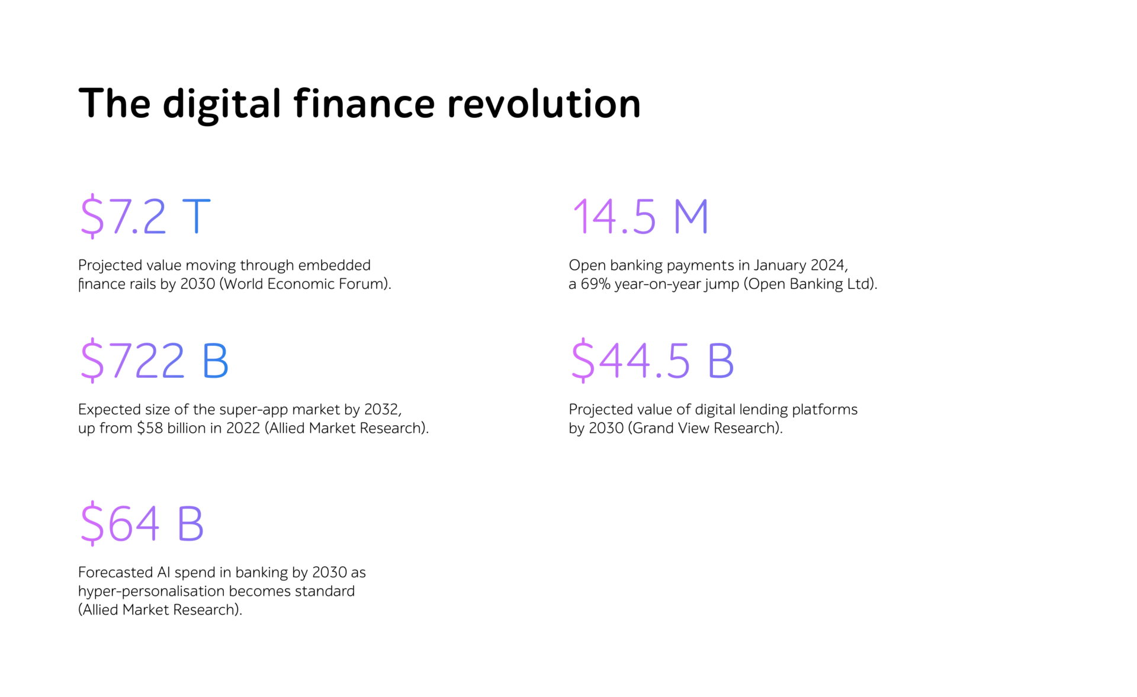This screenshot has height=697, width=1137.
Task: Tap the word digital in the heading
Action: coord(221,105)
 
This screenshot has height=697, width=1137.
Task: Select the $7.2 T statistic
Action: coord(146,216)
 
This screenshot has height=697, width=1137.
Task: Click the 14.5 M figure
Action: coord(640,217)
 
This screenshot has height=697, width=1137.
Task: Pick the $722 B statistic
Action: coord(155,360)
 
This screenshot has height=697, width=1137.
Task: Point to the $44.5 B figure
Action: coord(653,360)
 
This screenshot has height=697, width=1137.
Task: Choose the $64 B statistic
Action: coord(142,523)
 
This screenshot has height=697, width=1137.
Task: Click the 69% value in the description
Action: coord(595,284)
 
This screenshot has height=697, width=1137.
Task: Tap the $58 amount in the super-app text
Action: coord(150,428)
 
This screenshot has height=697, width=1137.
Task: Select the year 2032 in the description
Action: coord(381,410)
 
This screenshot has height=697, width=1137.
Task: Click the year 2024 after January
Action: coord(828,265)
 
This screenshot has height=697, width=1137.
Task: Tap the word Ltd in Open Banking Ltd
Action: coord(858,284)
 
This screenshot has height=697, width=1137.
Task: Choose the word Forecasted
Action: coord(115,573)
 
